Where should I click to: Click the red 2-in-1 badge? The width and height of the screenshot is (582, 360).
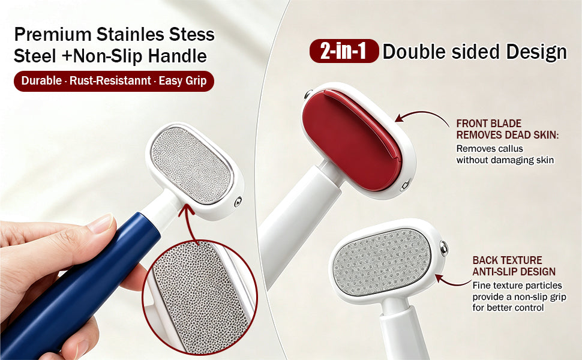pyautogui.click(x=344, y=51)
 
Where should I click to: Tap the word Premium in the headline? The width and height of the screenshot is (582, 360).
pyautogui.click(x=53, y=35)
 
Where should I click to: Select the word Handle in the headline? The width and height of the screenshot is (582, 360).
pyautogui.click(x=178, y=56)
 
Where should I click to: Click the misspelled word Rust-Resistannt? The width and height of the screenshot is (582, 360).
pyautogui.click(x=110, y=80)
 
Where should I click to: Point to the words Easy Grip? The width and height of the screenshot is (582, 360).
pyautogui.click(x=182, y=81)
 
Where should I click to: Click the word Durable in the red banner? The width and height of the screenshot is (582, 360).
pyautogui.click(x=41, y=80)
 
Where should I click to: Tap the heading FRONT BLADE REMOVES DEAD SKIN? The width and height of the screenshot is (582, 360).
pyautogui.click(x=508, y=129)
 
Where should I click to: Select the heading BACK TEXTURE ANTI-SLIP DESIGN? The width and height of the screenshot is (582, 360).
pyautogui.click(x=514, y=266)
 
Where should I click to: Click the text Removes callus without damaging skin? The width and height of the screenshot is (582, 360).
pyautogui.click(x=505, y=154)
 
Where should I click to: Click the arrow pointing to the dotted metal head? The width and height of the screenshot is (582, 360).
pyautogui.click(x=453, y=282)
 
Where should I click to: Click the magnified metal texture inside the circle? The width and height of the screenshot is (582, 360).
pyautogui.click(x=200, y=297)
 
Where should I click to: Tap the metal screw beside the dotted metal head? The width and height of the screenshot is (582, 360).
pyautogui.click(x=443, y=248)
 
